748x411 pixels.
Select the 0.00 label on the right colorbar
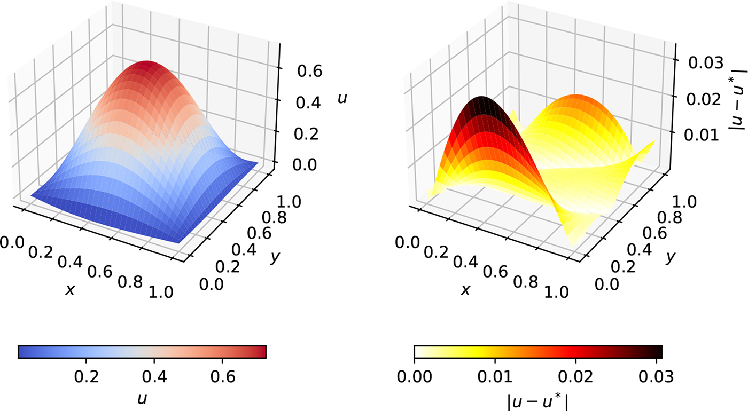pyautogui.click(x=415, y=376)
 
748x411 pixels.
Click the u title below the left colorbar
pyautogui.click(x=142, y=399)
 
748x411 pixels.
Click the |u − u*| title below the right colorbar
pyautogui.click(x=538, y=399)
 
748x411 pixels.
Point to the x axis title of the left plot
pyautogui.click(x=69, y=289)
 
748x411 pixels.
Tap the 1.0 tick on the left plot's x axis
pyautogui.click(x=161, y=291)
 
